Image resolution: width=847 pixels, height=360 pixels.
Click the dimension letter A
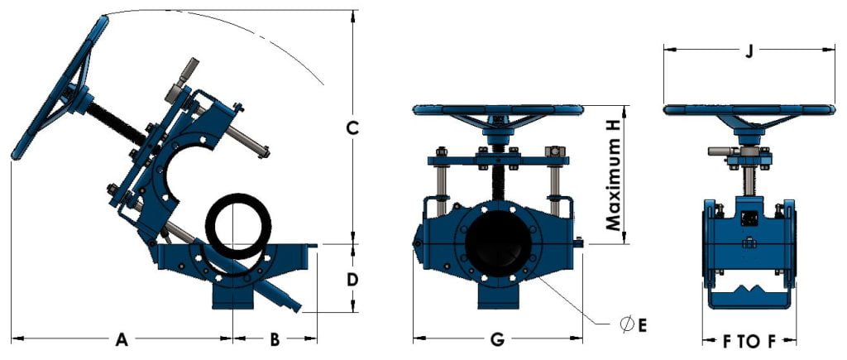122,338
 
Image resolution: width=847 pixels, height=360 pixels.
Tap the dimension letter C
352,128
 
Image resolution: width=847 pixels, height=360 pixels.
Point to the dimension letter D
352,279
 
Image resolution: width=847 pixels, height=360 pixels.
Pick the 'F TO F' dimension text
749,339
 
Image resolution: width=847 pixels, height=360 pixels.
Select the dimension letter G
497,338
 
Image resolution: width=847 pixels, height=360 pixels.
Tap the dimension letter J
749,51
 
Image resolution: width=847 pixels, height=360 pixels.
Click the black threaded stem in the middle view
499,178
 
